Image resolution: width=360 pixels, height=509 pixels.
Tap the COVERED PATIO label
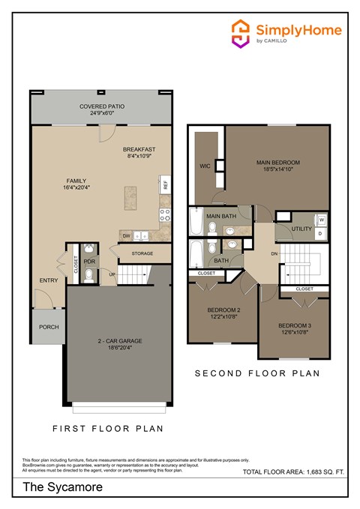102,107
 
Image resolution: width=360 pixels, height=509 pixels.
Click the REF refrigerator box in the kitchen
163,184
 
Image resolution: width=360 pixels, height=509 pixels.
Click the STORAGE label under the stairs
142,253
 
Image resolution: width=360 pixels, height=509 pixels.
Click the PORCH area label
49,327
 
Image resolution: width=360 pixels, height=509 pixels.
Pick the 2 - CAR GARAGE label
120,340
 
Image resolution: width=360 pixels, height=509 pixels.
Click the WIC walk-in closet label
204,166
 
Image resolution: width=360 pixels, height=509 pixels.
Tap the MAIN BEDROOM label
278,163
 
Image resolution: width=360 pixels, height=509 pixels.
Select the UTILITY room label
301,228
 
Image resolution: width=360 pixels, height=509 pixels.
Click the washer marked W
321,220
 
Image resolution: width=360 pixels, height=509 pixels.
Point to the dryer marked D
321,234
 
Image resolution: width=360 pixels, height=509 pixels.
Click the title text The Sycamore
51,488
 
